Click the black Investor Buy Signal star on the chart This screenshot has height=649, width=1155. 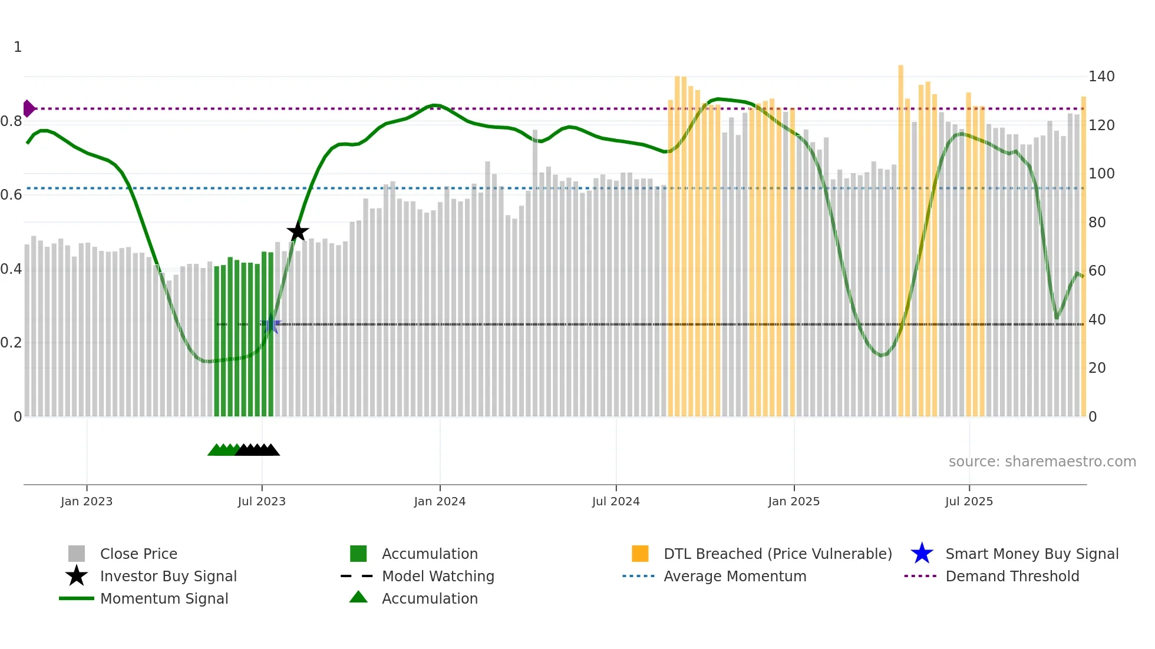click(x=298, y=231)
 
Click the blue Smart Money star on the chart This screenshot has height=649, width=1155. click(x=271, y=324)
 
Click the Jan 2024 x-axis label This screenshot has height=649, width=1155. click(x=440, y=501)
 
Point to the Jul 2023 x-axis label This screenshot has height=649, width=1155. click(x=262, y=501)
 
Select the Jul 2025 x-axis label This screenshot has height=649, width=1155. click(x=969, y=501)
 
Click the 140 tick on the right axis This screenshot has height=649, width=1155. click(x=1101, y=77)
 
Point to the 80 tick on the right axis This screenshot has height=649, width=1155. click(x=1097, y=223)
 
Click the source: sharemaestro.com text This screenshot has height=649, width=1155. click(x=1042, y=462)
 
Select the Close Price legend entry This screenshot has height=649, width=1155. click(x=138, y=554)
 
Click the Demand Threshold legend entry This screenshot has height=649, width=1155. click(x=1012, y=577)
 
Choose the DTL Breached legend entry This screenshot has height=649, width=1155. click(x=777, y=554)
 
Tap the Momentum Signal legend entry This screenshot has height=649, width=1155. click(x=164, y=599)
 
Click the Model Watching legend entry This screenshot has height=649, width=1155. click(x=437, y=577)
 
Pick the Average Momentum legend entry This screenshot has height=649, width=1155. click(x=734, y=577)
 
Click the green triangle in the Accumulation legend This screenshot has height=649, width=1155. click(x=358, y=598)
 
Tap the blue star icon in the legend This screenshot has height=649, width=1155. click(x=922, y=554)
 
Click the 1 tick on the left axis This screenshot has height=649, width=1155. click(x=18, y=47)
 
